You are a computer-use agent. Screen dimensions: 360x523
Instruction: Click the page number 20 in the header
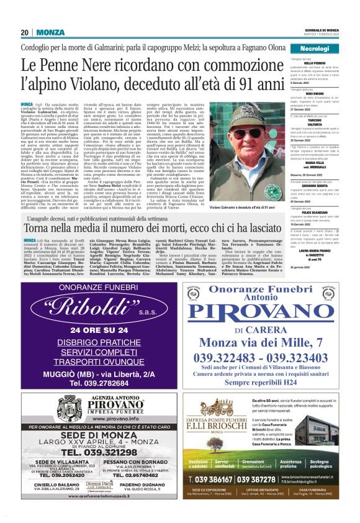point(25,32)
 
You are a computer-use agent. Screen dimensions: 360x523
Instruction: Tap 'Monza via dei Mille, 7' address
point(261,343)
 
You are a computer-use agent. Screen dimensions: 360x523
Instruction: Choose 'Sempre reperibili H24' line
point(261,383)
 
